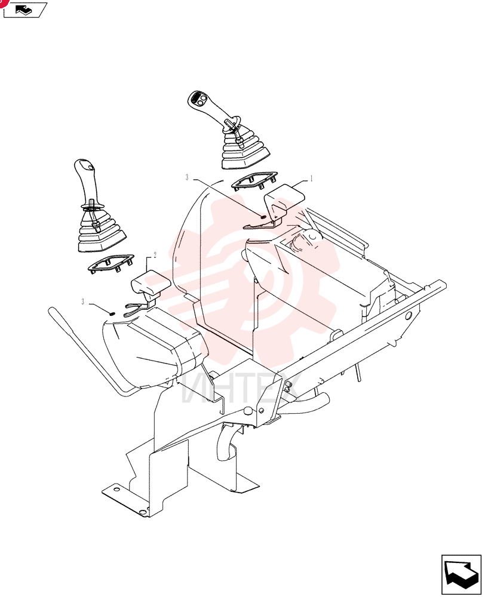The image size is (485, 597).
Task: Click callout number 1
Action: (x=311, y=179)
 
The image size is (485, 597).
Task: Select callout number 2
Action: (x=155, y=255)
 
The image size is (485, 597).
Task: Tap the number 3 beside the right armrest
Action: (x=187, y=177)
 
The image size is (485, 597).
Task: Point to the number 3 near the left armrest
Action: (x=82, y=302)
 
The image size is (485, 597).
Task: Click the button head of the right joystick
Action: (x=198, y=100)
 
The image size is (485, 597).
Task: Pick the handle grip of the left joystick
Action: (x=87, y=182)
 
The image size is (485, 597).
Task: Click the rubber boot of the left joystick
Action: (x=101, y=231)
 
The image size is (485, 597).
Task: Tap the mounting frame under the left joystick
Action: (x=111, y=263)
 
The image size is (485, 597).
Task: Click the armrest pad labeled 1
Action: (x=284, y=199)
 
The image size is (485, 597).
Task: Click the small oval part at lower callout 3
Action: (x=112, y=313)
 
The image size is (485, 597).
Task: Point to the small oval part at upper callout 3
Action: (x=263, y=217)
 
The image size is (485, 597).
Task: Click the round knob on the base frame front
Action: (x=248, y=411)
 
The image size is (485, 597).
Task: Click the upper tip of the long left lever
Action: (x=51, y=310)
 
